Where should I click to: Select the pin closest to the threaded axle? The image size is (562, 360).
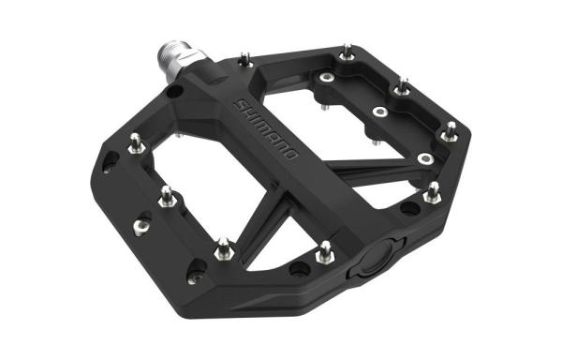[245, 59]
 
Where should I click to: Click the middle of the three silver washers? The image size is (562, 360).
[379, 112]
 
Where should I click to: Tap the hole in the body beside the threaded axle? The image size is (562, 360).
[173, 93]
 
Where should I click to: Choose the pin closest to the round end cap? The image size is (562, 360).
[325, 251]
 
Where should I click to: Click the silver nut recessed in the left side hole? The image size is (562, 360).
[141, 224]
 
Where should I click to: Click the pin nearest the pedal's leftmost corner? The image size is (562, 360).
[135, 142]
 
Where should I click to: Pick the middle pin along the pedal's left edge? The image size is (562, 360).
[167, 196]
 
